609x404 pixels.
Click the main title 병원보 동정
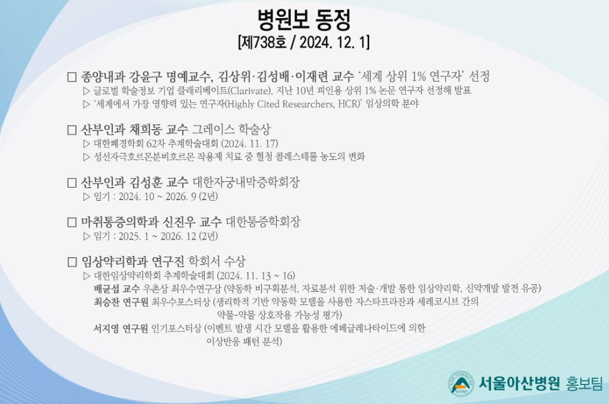point(304,20)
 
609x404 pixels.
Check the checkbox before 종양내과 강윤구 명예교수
point(72,77)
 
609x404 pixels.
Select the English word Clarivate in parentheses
point(249,91)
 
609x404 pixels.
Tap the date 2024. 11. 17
point(250,144)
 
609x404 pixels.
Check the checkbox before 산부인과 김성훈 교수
point(72,183)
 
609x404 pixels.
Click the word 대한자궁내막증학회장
point(246,182)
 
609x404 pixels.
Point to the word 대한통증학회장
point(263,221)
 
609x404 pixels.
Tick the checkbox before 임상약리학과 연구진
point(72,262)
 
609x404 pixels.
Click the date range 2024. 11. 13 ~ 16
point(255,275)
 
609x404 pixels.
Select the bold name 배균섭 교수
point(117,289)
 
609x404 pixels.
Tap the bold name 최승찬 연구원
point(121,302)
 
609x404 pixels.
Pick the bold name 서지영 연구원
point(121,328)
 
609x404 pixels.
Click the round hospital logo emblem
point(461,383)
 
